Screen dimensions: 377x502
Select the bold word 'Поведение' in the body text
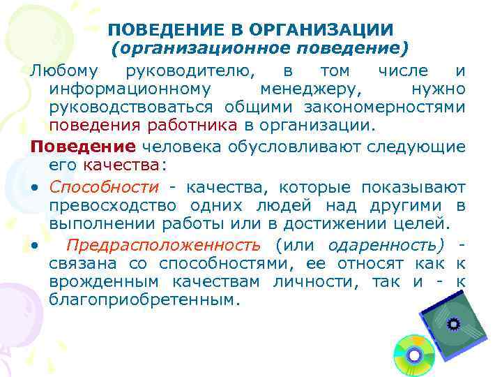pyautogui.click(x=83, y=147)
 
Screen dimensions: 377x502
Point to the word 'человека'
pyautogui.click(x=179, y=147)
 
